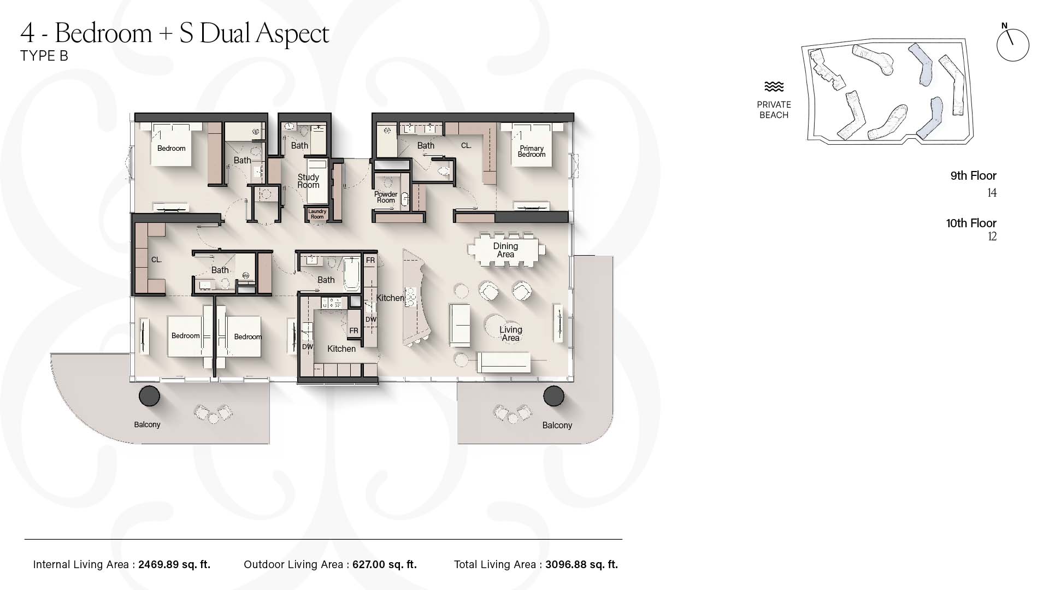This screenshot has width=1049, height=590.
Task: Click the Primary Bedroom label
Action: pos(532,151)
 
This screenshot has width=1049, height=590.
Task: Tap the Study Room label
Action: pos(308,181)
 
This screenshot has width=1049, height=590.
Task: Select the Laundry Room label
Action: pos(317,214)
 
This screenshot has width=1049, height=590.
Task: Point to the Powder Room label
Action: pos(386,197)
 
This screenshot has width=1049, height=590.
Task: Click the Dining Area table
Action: pos(506,250)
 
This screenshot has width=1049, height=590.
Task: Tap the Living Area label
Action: pos(511,334)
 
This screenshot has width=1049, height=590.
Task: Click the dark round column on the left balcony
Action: pos(149,396)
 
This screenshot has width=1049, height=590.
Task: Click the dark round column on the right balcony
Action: pos(553,396)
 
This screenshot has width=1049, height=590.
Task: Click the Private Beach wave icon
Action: pos(774,87)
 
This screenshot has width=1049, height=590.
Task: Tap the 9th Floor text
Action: pos(974,176)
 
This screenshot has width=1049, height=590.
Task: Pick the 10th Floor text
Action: pos(971,223)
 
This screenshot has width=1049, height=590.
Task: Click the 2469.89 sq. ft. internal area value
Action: pos(174,565)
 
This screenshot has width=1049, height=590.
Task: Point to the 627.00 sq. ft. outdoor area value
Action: pos(385,565)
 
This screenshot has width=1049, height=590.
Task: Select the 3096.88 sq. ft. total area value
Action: pos(581,565)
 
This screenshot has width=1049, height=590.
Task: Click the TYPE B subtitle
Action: pos(44,56)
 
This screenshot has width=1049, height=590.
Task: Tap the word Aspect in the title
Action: pos(292,34)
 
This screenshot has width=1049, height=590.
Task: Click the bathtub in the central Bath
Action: pos(352,274)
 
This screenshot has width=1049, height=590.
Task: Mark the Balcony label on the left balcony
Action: pos(147,424)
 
